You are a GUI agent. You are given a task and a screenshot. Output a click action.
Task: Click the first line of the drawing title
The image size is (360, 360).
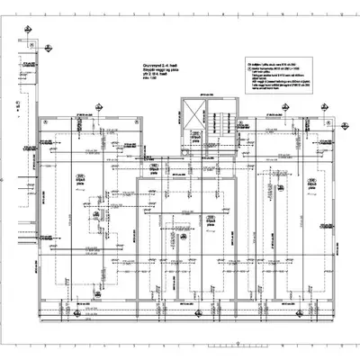pyautogui.click(x=158, y=67)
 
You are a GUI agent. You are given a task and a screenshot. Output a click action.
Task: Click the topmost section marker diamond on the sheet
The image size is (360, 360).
pyautogui.click(x=29, y=32)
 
